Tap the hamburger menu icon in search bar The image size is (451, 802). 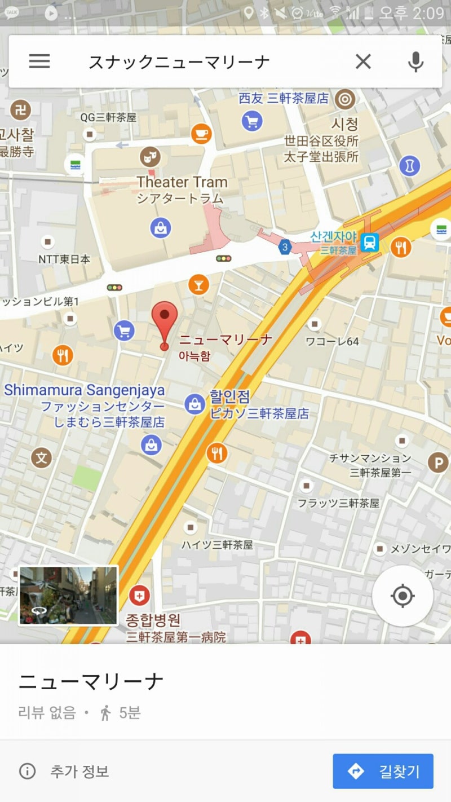tap(39, 61)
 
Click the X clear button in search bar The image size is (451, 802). tap(363, 61)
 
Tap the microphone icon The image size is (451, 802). tap(415, 61)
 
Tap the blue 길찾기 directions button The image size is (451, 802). tap(383, 771)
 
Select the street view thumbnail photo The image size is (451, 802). tap(68, 596)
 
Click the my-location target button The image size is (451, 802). tap(403, 596)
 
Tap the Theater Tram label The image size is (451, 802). tap(182, 182)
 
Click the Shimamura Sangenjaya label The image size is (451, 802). tap(85, 390)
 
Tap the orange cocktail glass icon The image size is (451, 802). tap(198, 284)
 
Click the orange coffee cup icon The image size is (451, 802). tap(201, 133)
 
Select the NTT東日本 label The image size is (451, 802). tap(64, 259)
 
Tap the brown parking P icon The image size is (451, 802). tap(437, 463)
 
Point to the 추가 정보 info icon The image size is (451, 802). tap(27, 771)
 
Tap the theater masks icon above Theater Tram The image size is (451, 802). tap(150, 156)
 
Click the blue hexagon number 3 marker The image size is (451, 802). tap(285, 246)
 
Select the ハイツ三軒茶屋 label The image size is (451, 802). tap(217, 544)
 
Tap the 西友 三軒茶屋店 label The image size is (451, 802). tap(283, 98)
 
